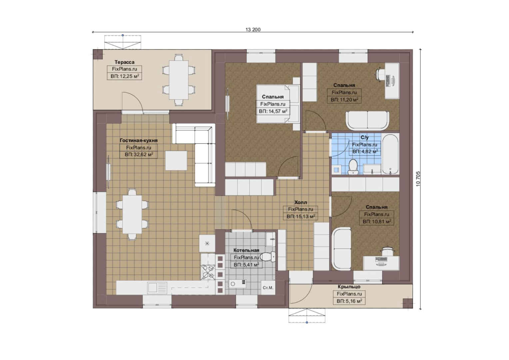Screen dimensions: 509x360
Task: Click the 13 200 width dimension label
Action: pos(253,30)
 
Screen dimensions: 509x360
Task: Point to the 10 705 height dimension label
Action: pos(418,179)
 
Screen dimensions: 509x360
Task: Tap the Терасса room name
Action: pos(124,62)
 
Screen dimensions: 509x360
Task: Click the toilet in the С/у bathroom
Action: pos(353,166)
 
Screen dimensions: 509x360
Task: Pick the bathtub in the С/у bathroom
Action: pos(390,154)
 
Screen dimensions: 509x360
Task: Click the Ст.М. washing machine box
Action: pos(268,288)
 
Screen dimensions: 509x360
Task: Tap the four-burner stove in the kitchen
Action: pos(208,272)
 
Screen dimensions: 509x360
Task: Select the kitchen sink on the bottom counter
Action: pos(157,287)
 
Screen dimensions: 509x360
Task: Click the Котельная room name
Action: pos(246,250)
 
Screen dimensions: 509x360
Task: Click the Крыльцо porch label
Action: pos(349,287)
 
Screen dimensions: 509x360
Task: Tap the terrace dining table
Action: pos(179,80)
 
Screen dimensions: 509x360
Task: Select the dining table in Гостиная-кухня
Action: pos(132,214)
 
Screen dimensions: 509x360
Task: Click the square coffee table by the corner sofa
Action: pos(176,161)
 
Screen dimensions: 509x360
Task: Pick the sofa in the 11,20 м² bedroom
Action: pos(367,121)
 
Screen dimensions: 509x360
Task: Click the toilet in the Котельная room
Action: pos(267,257)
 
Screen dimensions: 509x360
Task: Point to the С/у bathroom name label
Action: pos(364,137)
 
